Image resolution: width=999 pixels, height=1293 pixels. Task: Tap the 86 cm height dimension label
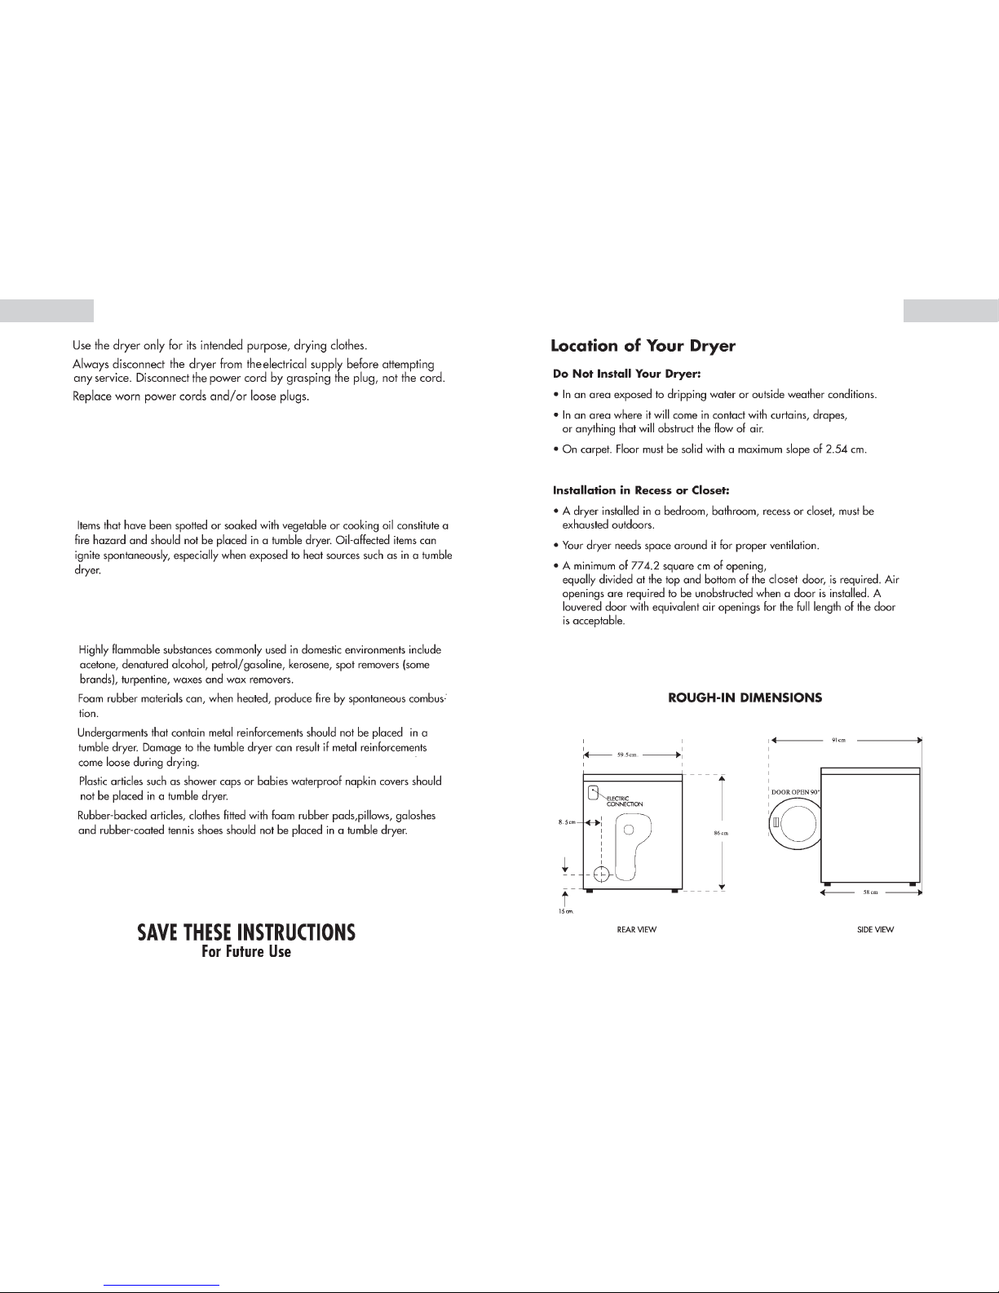click(720, 832)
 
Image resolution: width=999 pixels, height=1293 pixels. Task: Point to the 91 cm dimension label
click(838, 740)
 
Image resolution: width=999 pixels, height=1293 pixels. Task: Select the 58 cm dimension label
click(870, 892)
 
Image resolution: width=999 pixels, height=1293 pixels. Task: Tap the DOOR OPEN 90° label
click(795, 792)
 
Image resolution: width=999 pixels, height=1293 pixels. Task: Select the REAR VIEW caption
click(637, 929)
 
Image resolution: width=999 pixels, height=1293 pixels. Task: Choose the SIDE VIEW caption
click(876, 929)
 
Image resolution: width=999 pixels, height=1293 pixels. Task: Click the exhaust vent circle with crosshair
click(601, 875)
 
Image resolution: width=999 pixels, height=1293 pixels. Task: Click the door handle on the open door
click(776, 827)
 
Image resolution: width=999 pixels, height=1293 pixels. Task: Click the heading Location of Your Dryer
click(643, 346)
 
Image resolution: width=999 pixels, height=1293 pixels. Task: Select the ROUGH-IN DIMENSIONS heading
click(745, 697)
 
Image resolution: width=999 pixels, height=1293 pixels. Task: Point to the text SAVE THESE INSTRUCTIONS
click(246, 932)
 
